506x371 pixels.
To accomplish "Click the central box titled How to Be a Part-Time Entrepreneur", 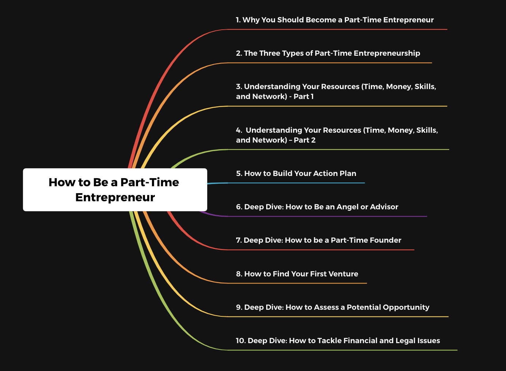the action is point(115,190).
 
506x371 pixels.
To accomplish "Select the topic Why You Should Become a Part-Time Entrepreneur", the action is point(335,20).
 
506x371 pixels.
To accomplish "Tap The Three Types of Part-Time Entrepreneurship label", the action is point(328,53).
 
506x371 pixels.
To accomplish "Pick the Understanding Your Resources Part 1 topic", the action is point(336,91).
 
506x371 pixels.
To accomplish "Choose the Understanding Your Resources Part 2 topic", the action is point(337,135).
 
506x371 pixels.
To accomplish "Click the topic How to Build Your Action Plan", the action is point(296,173).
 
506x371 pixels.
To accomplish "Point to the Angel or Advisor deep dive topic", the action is point(317,207).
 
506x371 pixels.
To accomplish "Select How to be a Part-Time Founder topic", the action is point(319,240).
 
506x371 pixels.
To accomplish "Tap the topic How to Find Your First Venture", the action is point(297,274).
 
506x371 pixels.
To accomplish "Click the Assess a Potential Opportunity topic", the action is point(332,307).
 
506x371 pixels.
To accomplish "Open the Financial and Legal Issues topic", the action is point(338,341).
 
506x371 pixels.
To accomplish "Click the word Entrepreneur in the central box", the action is point(115,198).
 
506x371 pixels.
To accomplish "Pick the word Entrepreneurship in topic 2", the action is point(387,54).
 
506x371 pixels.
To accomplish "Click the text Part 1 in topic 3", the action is point(304,96).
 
